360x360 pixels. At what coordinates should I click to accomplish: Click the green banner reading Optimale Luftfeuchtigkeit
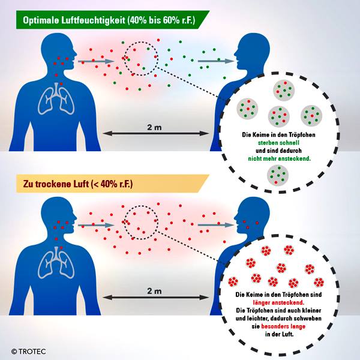pyautogui.click(x=113, y=20)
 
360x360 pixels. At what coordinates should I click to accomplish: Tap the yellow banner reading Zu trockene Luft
pyautogui.click(x=113, y=184)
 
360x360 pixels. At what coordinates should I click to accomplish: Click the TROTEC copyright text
pyautogui.click(x=29, y=352)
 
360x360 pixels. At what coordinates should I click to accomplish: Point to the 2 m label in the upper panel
pyautogui.click(x=154, y=127)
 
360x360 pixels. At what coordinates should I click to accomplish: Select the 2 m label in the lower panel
pyautogui.click(x=154, y=291)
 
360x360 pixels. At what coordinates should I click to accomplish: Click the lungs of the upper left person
pyautogui.click(x=56, y=99)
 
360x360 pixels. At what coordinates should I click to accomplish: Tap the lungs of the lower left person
pyautogui.click(x=56, y=263)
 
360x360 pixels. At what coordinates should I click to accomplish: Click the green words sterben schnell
pyautogui.click(x=278, y=143)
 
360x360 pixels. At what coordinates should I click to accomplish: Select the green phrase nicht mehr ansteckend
pyautogui.click(x=279, y=158)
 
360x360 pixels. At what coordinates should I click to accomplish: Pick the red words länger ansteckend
pyautogui.click(x=278, y=302)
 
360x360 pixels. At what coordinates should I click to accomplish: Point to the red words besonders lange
pyautogui.click(x=283, y=326)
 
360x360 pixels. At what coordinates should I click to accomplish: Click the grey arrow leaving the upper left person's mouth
pyautogui.click(x=96, y=61)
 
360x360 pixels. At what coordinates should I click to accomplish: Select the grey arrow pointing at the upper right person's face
pyautogui.click(x=216, y=61)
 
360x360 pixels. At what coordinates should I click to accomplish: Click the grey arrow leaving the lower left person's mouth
pyautogui.click(x=96, y=225)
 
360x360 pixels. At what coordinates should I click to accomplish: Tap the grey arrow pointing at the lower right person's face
pyautogui.click(x=216, y=225)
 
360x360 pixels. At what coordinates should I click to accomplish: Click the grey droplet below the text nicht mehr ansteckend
pyautogui.click(x=278, y=175)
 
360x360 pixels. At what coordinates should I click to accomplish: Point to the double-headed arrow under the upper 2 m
pyautogui.click(x=155, y=133)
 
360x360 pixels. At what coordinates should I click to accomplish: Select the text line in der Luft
pyautogui.click(x=279, y=334)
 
